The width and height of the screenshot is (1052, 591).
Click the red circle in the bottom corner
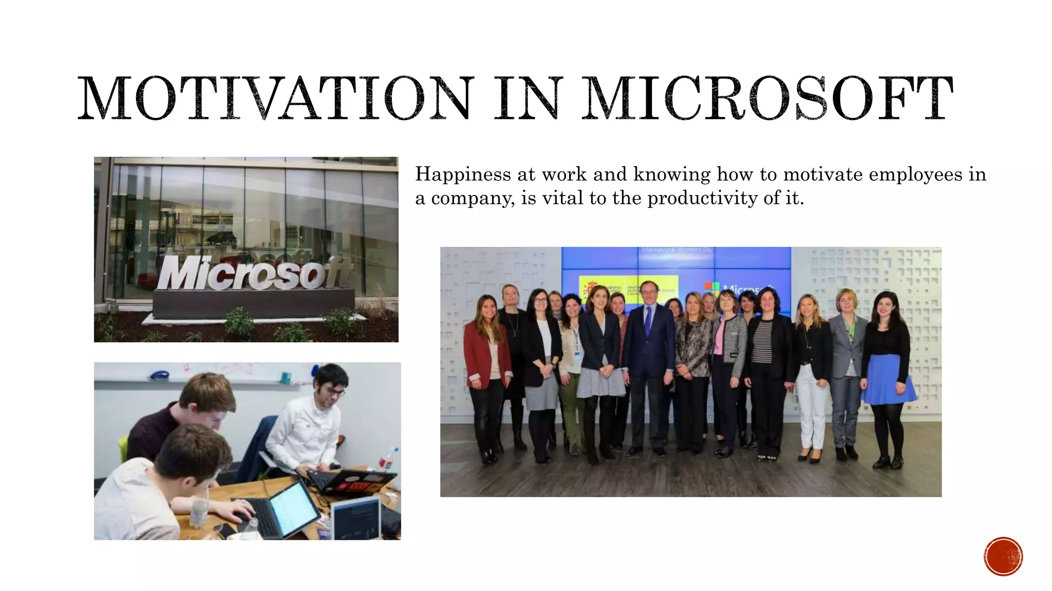tap(1003, 556)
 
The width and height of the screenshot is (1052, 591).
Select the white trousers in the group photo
tap(813, 405)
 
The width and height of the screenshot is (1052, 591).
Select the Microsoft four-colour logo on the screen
tap(712, 289)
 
